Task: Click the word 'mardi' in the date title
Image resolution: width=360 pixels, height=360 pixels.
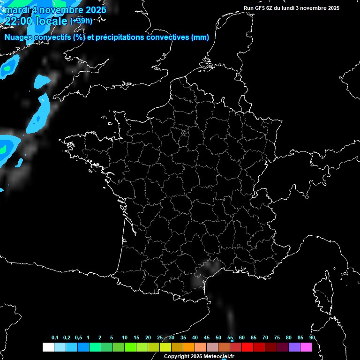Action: pyautogui.click(x=15, y=9)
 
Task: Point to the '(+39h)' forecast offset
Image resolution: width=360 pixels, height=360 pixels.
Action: pyautogui.click(x=81, y=21)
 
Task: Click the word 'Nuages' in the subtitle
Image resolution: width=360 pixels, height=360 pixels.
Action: pyautogui.click(x=19, y=37)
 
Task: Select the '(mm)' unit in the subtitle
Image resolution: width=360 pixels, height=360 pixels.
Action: pyautogui.click(x=200, y=37)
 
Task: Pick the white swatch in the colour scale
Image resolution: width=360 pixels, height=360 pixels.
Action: pyautogui.click(x=48, y=347)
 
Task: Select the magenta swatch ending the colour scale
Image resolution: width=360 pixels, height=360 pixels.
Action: pyautogui.click(x=306, y=347)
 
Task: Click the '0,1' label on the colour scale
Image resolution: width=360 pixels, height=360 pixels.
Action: pyautogui.click(x=55, y=338)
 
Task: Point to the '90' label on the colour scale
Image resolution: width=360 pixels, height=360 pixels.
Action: pyautogui.click(x=312, y=338)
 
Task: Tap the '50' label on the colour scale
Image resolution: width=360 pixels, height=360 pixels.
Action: pyautogui.click(x=218, y=338)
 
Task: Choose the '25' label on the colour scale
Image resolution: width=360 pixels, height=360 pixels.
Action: pyautogui.click(x=160, y=338)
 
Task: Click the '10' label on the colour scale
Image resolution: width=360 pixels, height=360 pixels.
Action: pyautogui.click(x=124, y=338)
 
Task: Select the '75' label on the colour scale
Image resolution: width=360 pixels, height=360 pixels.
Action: pyautogui.click(x=277, y=338)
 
